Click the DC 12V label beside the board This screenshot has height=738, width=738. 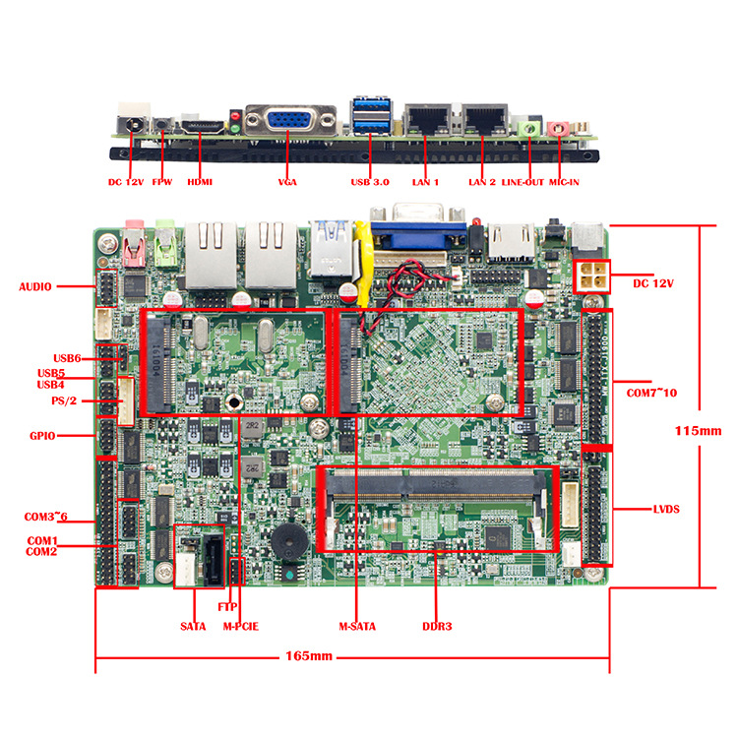655,282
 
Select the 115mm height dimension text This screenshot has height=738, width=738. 699,430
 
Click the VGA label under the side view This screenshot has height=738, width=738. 287,182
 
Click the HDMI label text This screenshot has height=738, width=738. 199,182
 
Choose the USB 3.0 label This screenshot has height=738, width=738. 370,182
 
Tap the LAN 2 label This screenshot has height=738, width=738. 481,182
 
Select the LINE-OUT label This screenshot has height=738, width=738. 523,182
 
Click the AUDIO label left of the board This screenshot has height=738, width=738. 34,287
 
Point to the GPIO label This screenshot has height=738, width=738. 42,435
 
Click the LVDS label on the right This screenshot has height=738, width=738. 666,509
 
